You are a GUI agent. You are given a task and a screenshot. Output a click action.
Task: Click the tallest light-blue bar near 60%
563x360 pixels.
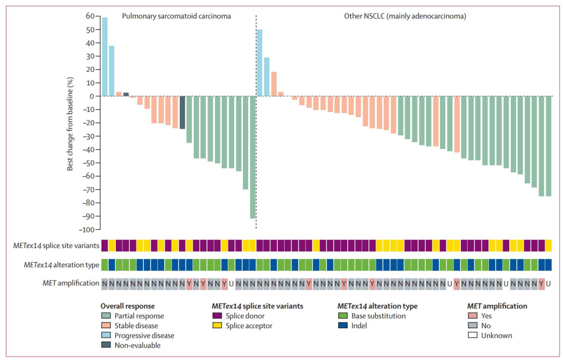click(105, 56)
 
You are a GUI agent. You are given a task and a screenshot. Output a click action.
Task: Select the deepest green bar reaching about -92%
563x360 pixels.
click(253, 157)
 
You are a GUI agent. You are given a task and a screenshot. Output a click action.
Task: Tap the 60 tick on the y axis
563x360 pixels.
click(90, 16)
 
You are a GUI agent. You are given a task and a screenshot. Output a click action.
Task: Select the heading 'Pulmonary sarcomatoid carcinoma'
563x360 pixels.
click(176, 16)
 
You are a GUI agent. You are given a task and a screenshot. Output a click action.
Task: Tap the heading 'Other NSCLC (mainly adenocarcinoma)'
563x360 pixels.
click(405, 16)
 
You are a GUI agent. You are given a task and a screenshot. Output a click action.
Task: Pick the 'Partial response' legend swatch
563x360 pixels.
click(106, 316)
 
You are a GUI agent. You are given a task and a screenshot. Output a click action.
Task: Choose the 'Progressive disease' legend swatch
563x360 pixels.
click(106, 336)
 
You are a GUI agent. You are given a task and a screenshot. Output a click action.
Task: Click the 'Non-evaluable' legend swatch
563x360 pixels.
click(106, 345)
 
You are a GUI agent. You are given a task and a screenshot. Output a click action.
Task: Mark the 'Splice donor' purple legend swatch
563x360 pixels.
click(217, 316)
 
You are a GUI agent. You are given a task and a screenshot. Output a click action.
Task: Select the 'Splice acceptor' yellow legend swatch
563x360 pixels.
click(217, 326)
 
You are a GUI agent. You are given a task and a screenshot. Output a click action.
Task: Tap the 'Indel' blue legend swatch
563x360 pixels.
click(343, 326)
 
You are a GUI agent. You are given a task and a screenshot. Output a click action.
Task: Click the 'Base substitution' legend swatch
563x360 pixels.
click(343, 316)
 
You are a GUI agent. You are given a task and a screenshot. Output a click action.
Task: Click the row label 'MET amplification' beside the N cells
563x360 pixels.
click(71, 283)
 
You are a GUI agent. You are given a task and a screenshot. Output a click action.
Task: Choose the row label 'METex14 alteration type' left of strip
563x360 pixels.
click(62, 265)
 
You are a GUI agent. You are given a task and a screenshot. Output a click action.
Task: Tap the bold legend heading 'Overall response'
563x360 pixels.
click(128, 306)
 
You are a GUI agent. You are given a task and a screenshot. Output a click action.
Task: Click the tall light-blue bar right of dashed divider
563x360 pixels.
click(260, 63)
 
